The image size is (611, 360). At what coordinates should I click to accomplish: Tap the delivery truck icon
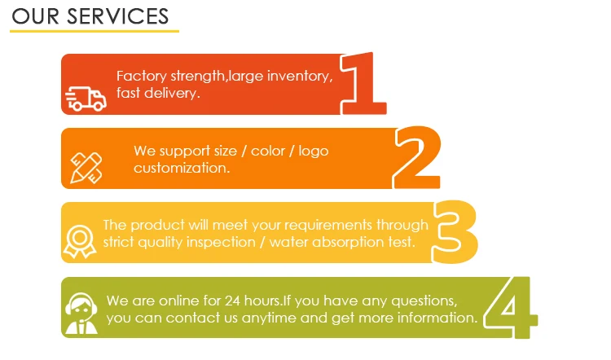pyautogui.click(x=86, y=99)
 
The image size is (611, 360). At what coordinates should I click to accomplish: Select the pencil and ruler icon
pyautogui.click(x=86, y=166)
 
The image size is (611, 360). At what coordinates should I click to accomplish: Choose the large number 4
pyautogui.click(x=511, y=307)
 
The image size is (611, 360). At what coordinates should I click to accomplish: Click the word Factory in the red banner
pyautogui.click(x=141, y=77)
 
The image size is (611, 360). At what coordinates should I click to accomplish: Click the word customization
pyautogui.click(x=181, y=168)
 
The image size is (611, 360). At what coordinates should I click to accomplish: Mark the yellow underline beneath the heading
pyautogui.click(x=94, y=31)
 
